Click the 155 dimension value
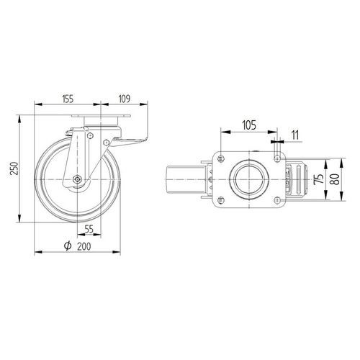click(x=68, y=99)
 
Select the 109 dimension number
click(x=125, y=99)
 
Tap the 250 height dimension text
click(x=15, y=168)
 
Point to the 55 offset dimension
click(x=89, y=229)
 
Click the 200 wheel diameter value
click(x=84, y=246)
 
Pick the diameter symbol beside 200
click(x=68, y=246)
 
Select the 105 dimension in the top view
click(x=249, y=125)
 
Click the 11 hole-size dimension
click(x=295, y=135)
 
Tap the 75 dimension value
click(x=318, y=179)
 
